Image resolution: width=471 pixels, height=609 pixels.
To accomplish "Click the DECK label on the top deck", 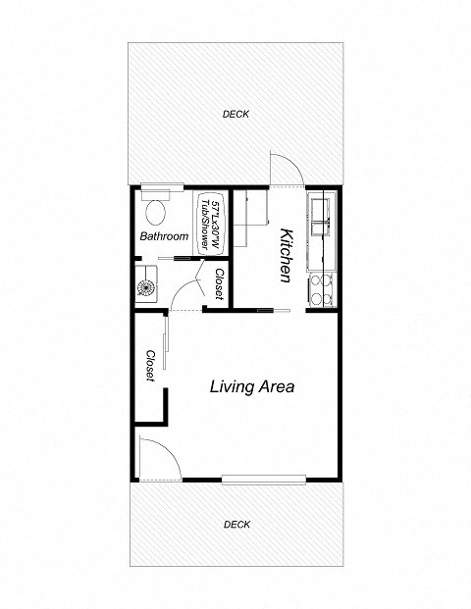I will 235,115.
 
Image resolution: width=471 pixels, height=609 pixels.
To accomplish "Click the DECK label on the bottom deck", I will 235,525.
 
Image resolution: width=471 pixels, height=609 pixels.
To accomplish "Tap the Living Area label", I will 252,386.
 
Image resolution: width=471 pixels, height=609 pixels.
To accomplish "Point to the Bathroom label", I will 163,236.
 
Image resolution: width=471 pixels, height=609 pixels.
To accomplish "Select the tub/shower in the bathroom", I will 210,216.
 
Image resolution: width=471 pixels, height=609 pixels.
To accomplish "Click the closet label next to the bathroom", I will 220,283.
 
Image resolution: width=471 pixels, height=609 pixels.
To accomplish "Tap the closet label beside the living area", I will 151,367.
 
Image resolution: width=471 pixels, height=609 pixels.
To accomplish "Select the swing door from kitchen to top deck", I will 285,169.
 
